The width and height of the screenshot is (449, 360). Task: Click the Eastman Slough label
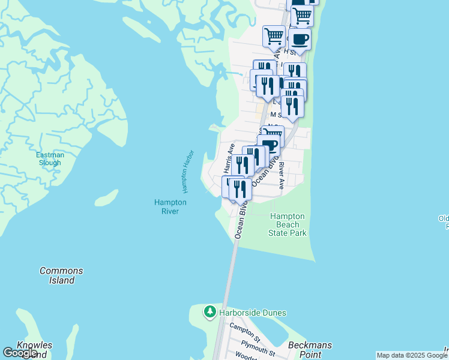tap(49, 159)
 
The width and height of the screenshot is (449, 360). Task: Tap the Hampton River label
tap(170, 206)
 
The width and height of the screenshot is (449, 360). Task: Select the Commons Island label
tap(61, 275)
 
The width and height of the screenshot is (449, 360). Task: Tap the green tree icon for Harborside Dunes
tap(209, 312)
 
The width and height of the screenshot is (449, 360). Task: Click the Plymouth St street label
tap(258, 347)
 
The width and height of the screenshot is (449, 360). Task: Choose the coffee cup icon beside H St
tap(300, 40)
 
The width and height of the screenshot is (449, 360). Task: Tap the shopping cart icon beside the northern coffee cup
tap(274, 35)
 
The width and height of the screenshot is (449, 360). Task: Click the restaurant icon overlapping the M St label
tap(292, 107)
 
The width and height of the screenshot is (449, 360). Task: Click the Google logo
tap(20, 353)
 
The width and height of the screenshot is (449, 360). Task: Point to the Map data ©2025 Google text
tap(412, 355)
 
